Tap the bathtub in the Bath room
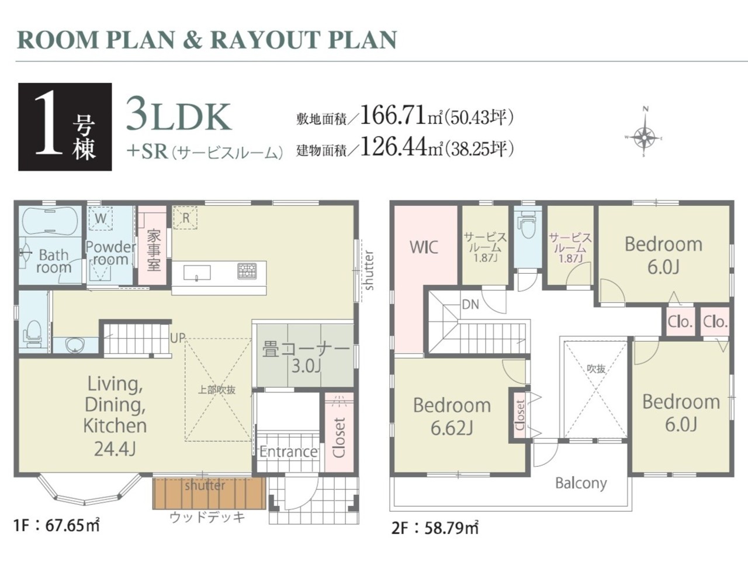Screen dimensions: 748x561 50,221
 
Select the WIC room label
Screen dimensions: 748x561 424,247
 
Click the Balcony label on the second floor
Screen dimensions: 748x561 581,484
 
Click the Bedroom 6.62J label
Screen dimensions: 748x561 452,417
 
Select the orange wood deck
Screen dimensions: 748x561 209,494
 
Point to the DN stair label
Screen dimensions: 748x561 470,305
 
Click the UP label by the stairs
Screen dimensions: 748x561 178,338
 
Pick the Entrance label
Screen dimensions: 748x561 289,452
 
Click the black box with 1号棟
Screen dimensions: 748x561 65,127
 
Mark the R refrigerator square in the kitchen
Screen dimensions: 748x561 185,218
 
